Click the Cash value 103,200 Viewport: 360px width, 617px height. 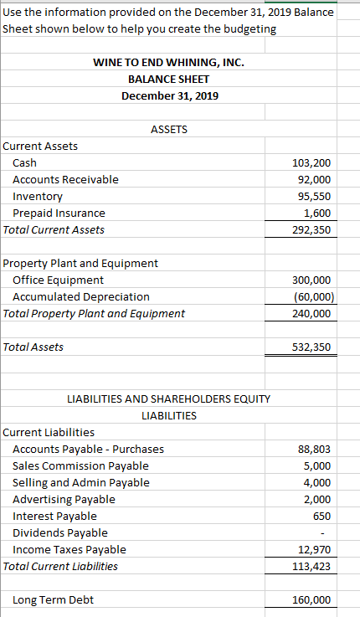[314, 162]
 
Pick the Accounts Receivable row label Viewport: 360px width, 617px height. [65, 179]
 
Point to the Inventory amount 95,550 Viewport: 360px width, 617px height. [315, 196]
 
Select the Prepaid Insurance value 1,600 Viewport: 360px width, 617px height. [317, 213]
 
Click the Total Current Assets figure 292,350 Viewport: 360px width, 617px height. [311, 229]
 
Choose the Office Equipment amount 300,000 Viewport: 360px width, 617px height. [311, 280]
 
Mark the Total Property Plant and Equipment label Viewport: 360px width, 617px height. [95, 313]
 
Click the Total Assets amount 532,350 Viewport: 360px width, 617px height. [311, 347]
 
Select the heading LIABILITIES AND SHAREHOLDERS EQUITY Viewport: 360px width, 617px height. [168, 398]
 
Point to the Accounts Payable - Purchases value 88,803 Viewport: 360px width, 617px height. [315, 449]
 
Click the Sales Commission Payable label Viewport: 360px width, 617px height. [80, 465]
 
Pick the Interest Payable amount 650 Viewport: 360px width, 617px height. [321, 516]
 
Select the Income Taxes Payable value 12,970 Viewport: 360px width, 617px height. [315, 549]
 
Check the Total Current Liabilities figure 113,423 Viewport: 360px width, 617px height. [311, 566]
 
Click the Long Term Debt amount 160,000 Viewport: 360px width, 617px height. [311, 599]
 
